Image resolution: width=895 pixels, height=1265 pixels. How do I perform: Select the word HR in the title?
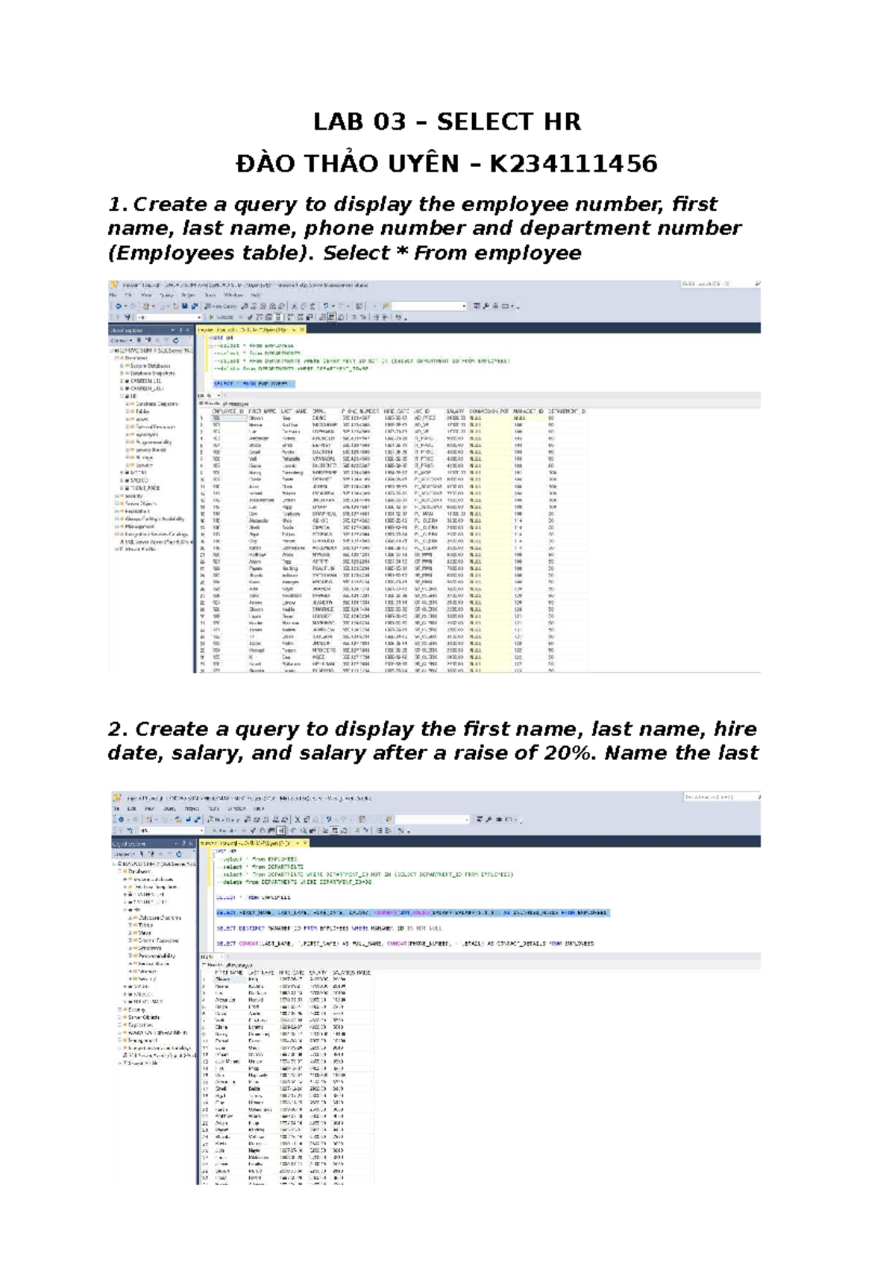(x=562, y=122)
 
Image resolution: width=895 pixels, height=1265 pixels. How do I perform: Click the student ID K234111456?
(x=573, y=163)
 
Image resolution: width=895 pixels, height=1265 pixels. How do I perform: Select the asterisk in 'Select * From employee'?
(x=401, y=254)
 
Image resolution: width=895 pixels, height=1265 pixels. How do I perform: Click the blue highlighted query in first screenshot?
(x=254, y=384)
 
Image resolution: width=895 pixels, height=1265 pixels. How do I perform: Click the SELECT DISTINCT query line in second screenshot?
(x=329, y=929)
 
